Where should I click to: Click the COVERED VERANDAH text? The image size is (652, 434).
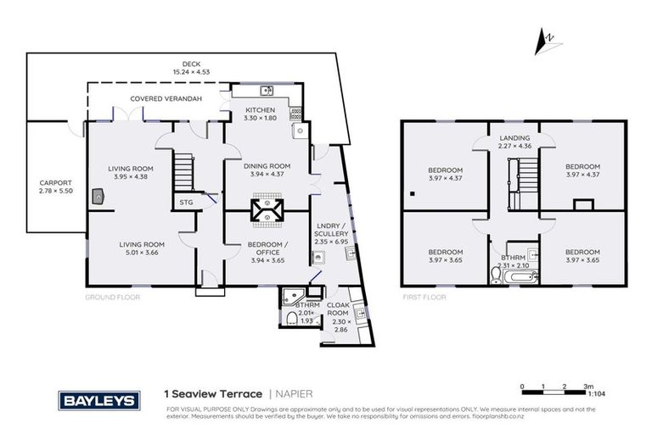(x=159, y=98)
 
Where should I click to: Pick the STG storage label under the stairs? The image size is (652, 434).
(x=187, y=203)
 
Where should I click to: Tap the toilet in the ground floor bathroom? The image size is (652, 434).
(x=291, y=317)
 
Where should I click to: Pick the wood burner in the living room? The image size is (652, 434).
(x=101, y=197)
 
